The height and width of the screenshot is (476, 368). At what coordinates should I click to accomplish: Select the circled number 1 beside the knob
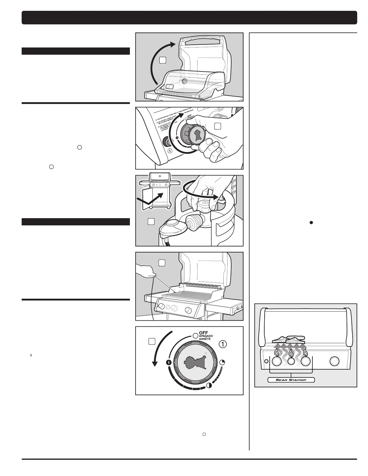point(222,344)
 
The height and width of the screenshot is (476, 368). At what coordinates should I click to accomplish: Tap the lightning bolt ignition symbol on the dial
point(169,362)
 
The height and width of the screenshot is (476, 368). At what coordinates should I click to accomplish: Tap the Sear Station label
point(291,380)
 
